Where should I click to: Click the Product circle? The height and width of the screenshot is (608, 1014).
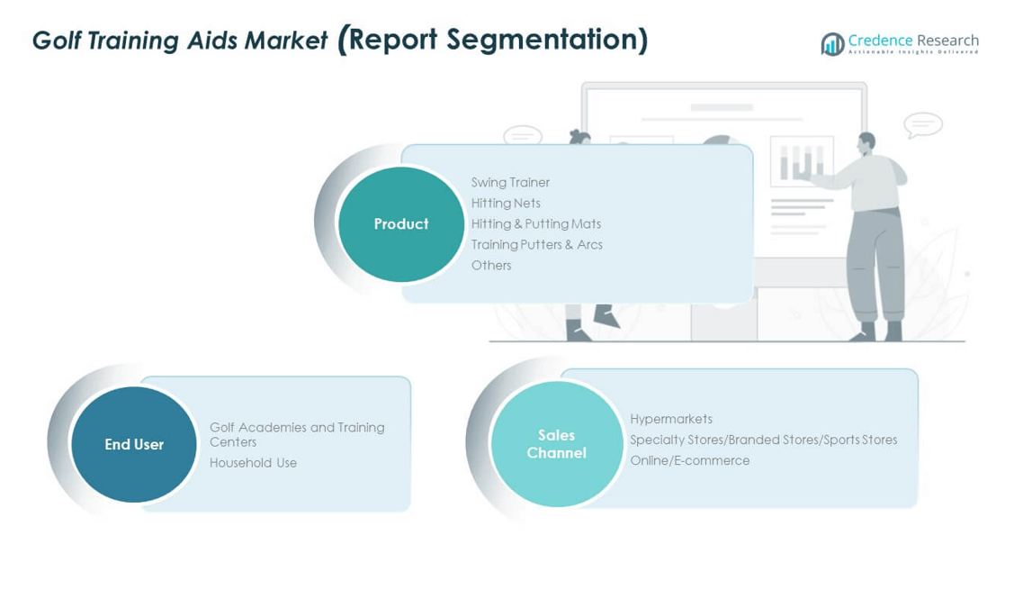400,224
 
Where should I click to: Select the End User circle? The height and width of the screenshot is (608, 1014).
134,444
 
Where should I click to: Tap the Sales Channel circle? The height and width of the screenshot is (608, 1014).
556,444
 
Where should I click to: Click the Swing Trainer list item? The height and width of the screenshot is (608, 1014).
510,182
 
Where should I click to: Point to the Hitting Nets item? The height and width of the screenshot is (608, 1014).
506,203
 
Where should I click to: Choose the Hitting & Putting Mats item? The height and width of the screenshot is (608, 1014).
536,223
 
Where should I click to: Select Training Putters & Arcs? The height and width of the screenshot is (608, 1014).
537,244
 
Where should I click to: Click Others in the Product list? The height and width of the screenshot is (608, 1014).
491,265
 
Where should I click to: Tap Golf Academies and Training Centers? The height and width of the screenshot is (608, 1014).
297,434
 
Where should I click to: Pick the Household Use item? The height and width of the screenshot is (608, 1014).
253,462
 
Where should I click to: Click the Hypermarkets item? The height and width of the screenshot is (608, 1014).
671,419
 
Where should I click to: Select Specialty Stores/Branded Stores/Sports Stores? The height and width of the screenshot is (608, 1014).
763,440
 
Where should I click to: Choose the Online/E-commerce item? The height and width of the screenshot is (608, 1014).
689,460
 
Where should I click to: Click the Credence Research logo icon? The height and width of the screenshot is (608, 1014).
832,43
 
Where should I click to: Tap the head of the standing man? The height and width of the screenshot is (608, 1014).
866,141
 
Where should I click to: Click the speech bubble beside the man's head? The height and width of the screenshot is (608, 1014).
923,124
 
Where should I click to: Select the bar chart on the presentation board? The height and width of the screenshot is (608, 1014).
802,161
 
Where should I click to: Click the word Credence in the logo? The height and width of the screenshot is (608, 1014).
880,40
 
